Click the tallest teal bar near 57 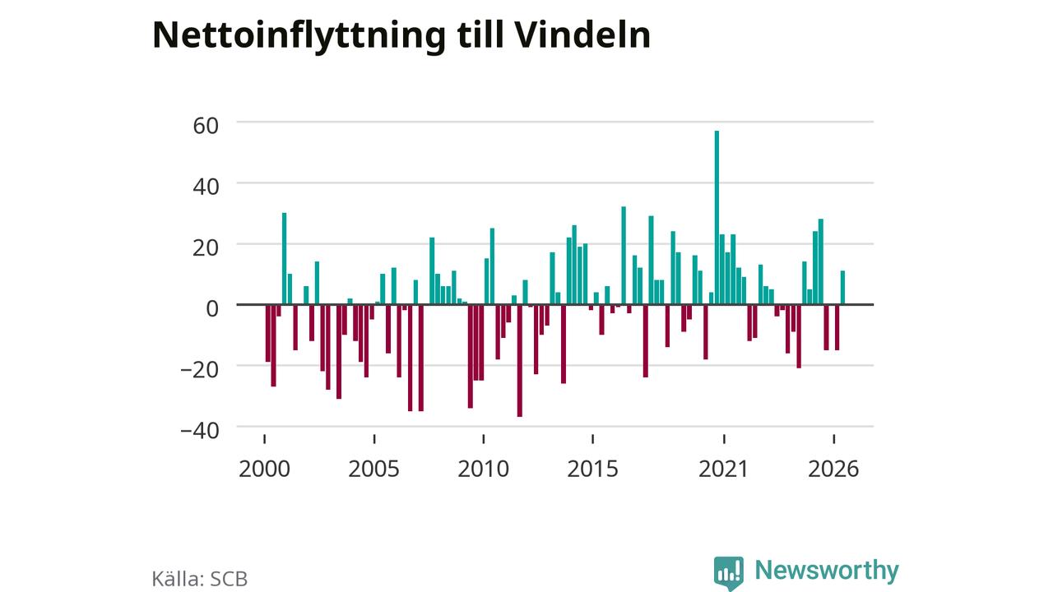click(717, 218)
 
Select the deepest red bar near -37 click(519, 361)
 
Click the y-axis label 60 click(206, 126)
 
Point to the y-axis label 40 click(206, 187)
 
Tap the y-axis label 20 click(206, 248)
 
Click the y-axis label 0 click(212, 309)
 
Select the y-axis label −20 click(200, 370)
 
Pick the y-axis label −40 click(200, 431)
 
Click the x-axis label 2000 click(264, 469)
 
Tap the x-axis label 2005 click(373, 469)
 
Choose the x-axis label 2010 click(483, 469)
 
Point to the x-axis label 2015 click(593, 469)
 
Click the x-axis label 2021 click(723, 469)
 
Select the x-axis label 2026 click(833, 469)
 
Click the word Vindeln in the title click(583, 35)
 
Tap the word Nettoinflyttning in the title click(299, 37)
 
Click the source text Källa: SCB click(200, 578)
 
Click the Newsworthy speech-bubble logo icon click(729, 573)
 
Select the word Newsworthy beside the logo click(827, 571)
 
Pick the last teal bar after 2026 click(843, 288)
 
